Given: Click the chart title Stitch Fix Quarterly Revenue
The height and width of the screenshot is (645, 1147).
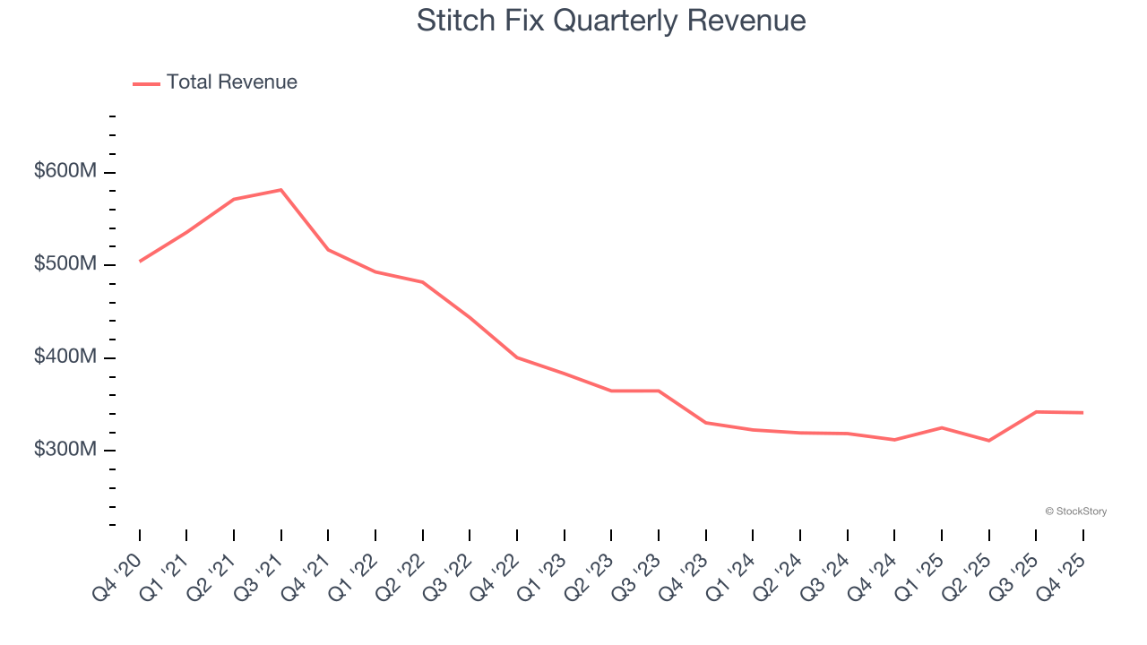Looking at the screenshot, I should pyautogui.click(x=611, y=21).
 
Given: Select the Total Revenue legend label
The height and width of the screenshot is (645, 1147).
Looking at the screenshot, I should pyautogui.click(x=231, y=82).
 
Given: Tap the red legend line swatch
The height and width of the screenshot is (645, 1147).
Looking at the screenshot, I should pyautogui.click(x=146, y=83).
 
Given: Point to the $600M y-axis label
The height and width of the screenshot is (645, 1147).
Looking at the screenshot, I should pyautogui.click(x=65, y=171).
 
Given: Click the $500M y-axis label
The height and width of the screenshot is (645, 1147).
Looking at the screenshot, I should pyautogui.click(x=65, y=264).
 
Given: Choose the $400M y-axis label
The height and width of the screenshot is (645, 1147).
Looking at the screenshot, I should pyautogui.click(x=65, y=357).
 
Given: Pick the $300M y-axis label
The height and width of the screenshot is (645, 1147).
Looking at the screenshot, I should pyautogui.click(x=65, y=449).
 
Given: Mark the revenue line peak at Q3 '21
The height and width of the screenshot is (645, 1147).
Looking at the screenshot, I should pyautogui.click(x=281, y=190).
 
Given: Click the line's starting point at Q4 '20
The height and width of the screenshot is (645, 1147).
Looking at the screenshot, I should pyautogui.click(x=140, y=262).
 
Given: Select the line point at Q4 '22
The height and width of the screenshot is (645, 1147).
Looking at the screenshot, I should pyautogui.click(x=517, y=357).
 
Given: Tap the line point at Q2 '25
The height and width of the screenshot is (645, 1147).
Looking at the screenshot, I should pyautogui.click(x=989, y=441).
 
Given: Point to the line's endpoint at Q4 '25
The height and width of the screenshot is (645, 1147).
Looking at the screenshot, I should pyautogui.click(x=1083, y=413).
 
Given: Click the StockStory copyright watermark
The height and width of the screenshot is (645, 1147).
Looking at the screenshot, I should pyautogui.click(x=1075, y=512).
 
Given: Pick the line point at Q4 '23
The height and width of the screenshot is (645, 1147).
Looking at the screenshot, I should pyautogui.click(x=706, y=423).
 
